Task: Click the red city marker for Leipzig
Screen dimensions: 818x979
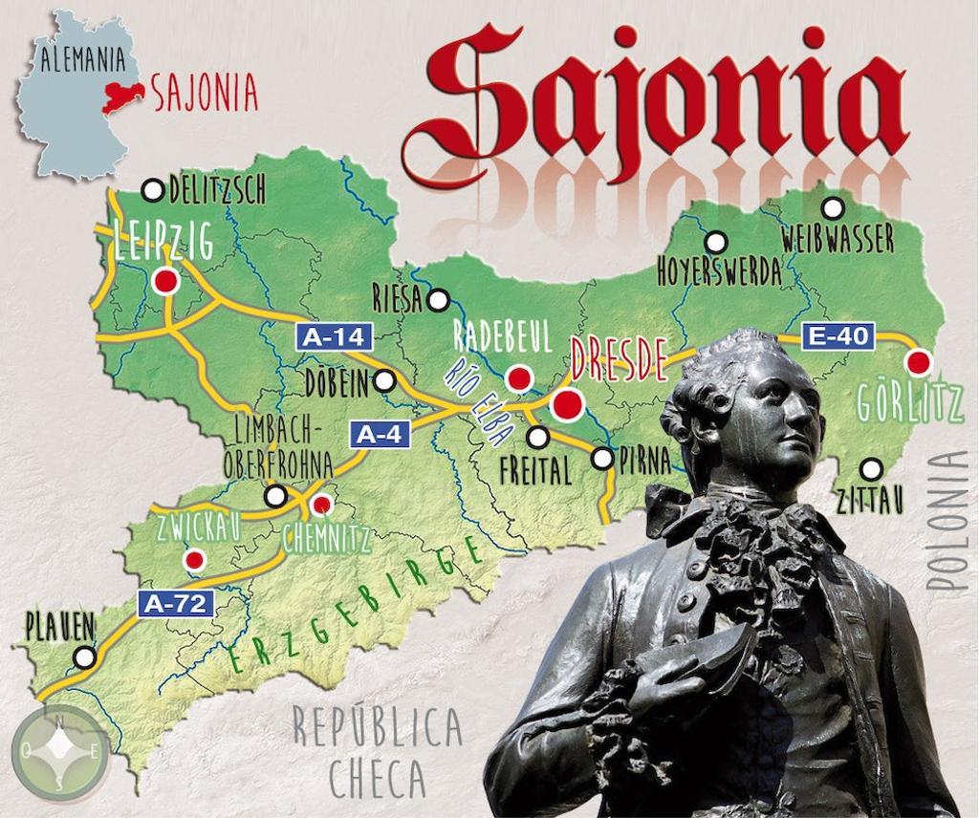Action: (166, 281)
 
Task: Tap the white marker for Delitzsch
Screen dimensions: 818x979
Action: (152, 190)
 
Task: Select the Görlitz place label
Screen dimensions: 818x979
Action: (909, 405)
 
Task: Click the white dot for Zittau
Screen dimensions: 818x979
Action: (871, 469)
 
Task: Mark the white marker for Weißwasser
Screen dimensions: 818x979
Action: (833, 207)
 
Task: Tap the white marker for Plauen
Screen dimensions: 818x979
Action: (85, 657)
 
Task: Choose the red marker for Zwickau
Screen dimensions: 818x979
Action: (194, 558)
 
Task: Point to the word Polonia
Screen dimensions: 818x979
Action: (953, 521)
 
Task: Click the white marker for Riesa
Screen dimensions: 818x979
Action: (438, 300)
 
